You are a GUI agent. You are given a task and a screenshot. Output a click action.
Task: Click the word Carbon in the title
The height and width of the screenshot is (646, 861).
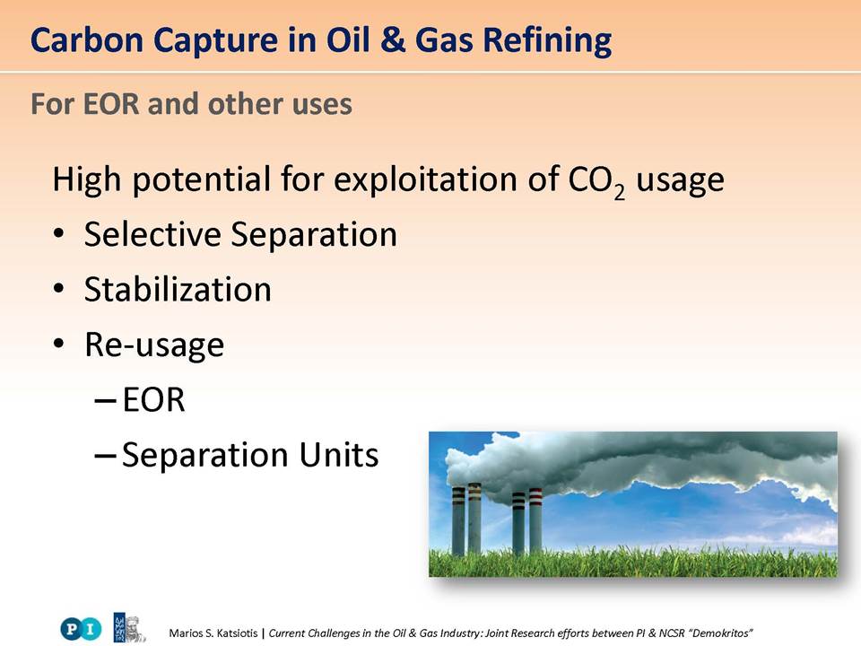point(87,40)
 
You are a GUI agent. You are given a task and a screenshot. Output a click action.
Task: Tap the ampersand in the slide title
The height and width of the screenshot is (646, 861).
point(392,40)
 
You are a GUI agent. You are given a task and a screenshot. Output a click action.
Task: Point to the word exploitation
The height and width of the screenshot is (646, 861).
point(425,179)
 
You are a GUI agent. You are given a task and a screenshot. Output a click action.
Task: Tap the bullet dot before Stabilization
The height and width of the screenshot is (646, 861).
point(59,289)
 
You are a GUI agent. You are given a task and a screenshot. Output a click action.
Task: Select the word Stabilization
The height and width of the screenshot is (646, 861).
point(178,290)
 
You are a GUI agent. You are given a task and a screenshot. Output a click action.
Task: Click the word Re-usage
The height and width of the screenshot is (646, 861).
point(154,345)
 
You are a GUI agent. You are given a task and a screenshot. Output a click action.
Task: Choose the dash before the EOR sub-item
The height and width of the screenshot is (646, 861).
point(106,401)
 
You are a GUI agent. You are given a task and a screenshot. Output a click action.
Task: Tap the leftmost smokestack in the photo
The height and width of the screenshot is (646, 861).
point(458,520)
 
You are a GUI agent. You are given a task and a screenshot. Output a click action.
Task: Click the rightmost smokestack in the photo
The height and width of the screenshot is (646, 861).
point(535,519)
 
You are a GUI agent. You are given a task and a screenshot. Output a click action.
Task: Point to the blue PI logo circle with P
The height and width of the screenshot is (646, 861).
point(71,628)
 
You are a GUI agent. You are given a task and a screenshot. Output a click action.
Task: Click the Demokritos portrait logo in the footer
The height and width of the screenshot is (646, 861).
point(129,628)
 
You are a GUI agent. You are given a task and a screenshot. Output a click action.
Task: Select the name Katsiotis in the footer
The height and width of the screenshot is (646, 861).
point(237,633)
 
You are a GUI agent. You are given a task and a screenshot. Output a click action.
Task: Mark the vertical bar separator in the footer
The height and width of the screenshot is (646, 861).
point(263,633)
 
